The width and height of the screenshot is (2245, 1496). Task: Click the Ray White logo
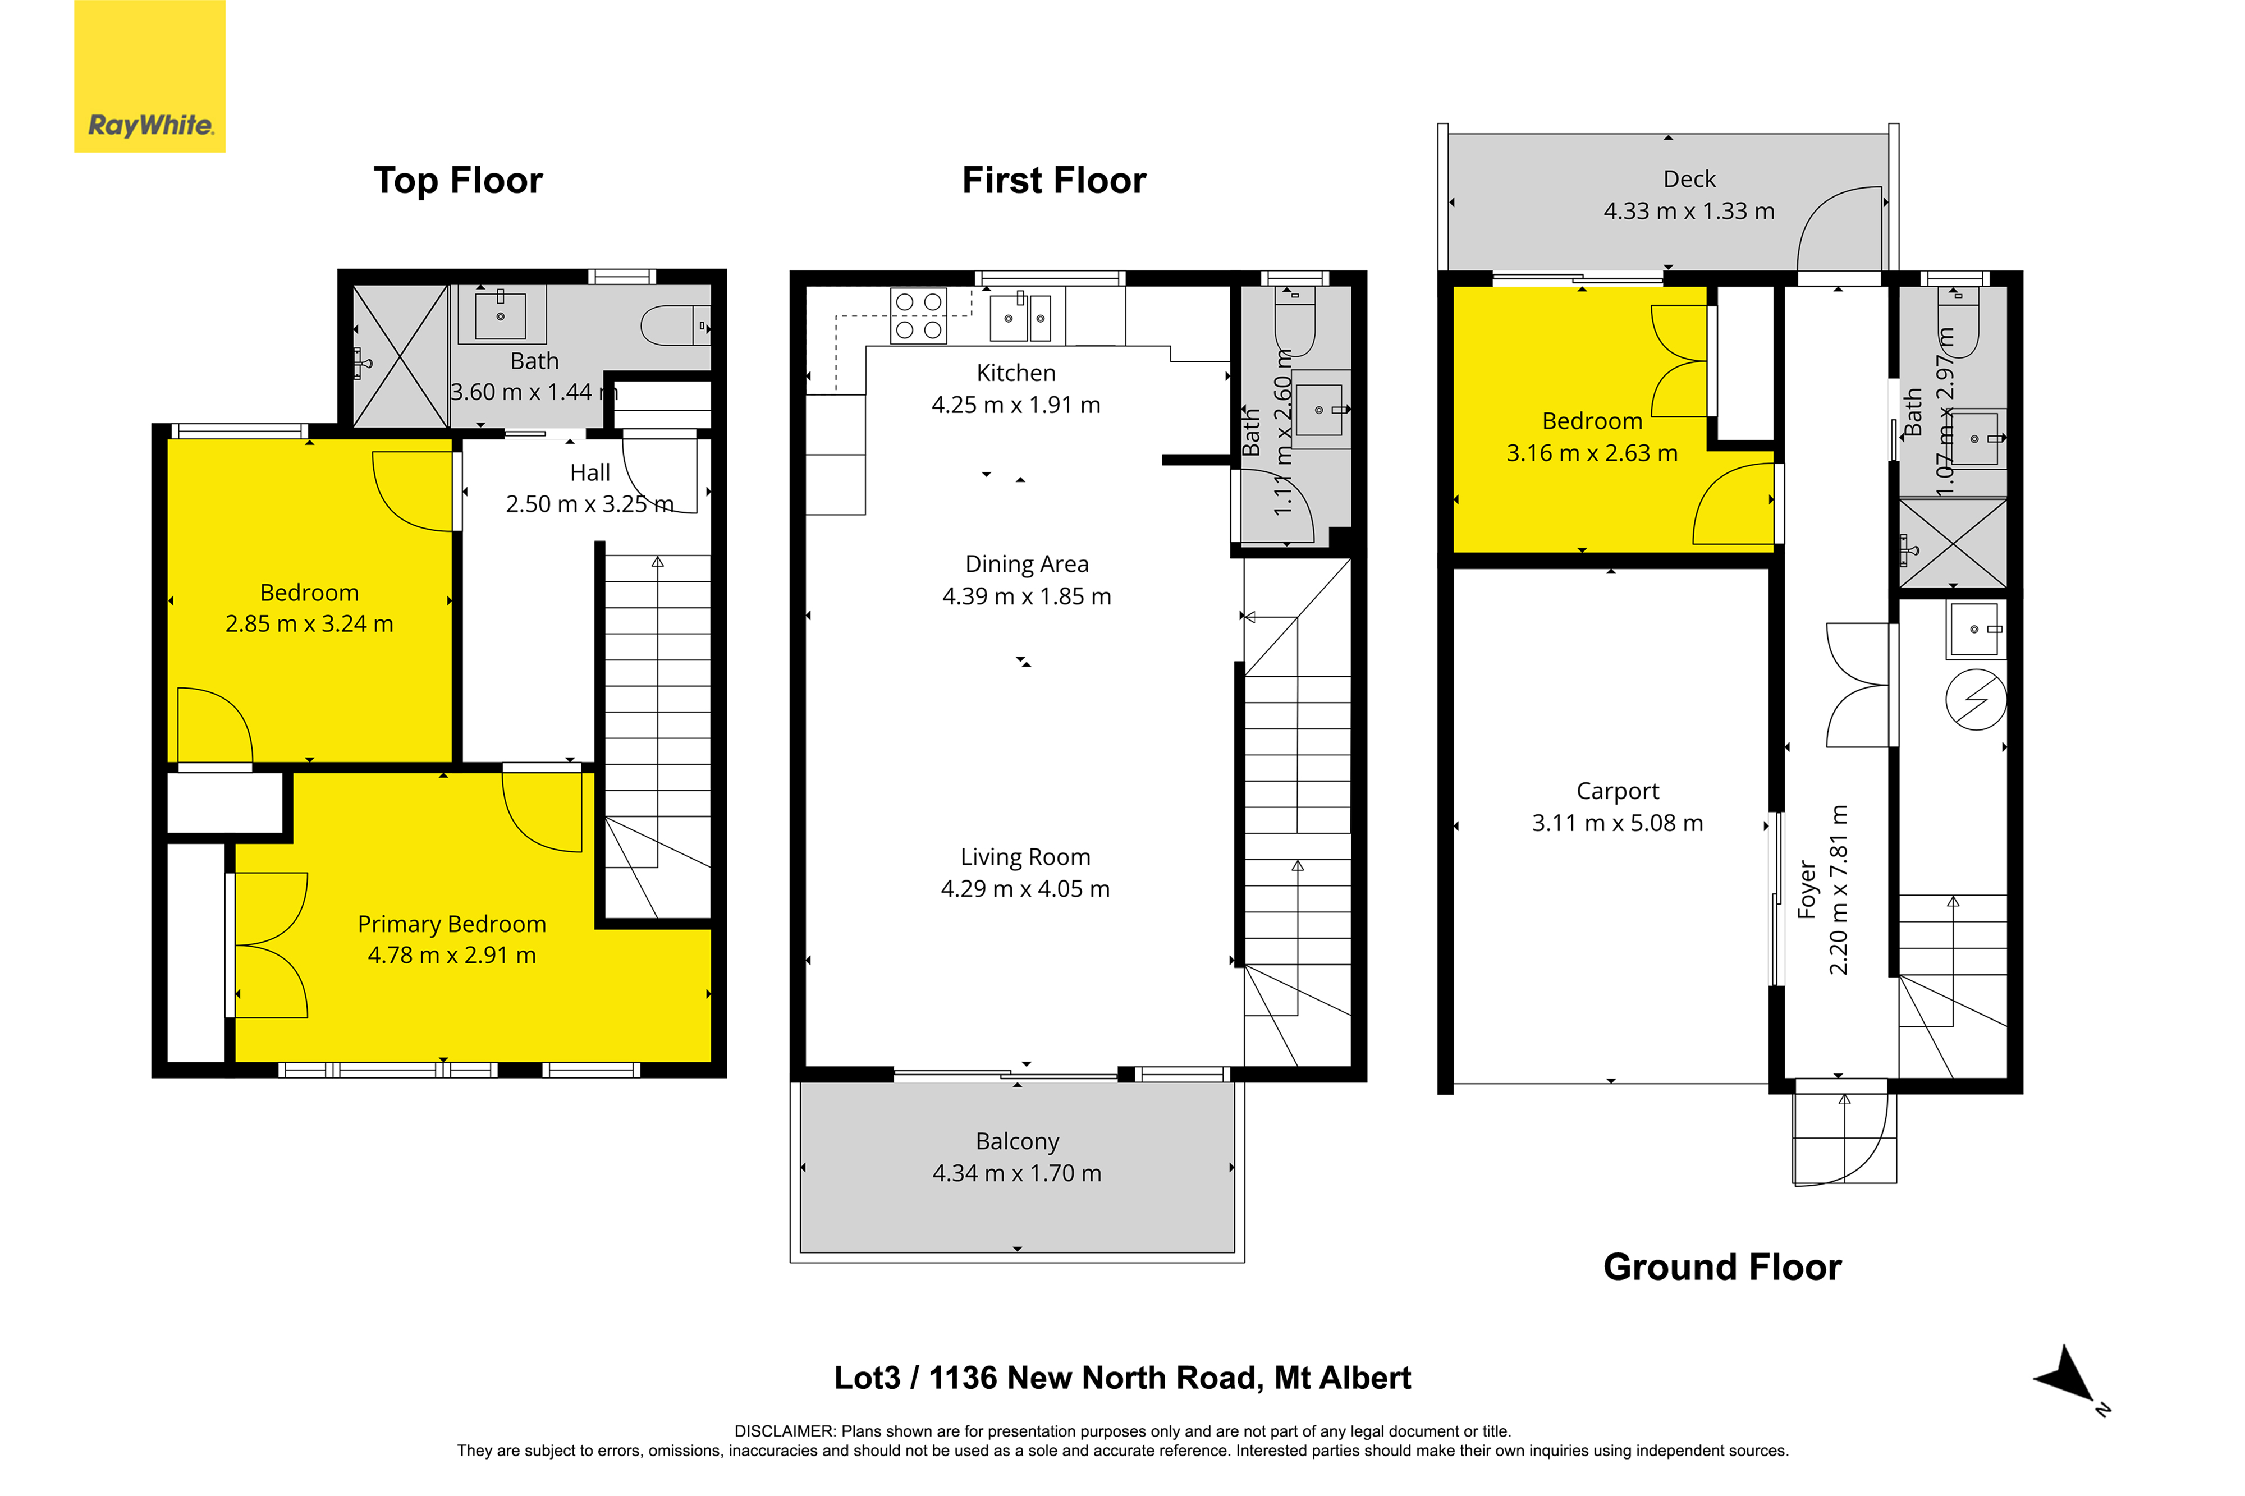pos(150,76)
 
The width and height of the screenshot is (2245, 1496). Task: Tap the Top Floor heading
pos(458,180)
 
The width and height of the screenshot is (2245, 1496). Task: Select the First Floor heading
pos(1053,180)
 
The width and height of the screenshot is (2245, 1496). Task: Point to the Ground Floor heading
pos(1722,1267)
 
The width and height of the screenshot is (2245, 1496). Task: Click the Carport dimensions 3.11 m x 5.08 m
pos(1617,823)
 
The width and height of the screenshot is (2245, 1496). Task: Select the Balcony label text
pos(1017,1141)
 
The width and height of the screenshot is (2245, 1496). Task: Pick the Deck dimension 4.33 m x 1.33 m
pos(1689,211)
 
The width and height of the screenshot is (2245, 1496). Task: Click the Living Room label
pos(1025,857)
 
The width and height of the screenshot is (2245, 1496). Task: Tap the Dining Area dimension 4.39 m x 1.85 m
pos(1027,596)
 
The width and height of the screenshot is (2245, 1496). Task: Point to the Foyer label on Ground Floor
pos(1806,890)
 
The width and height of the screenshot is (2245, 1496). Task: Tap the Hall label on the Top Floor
pos(590,472)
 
